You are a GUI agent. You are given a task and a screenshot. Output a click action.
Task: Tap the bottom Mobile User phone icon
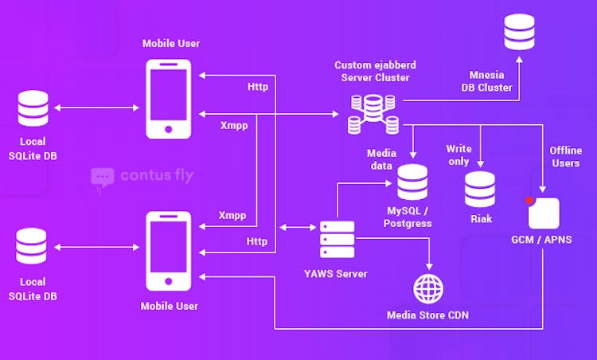pyautogui.click(x=169, y=251)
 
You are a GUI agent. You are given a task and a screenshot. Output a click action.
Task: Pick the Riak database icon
pyautogui.click(x=480, y=189)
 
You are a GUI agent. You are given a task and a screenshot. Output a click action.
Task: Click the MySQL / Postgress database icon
pyautogui.click(x=412, y=182)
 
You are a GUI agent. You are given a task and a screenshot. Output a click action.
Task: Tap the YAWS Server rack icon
pyautogui.click(x=337, y=239)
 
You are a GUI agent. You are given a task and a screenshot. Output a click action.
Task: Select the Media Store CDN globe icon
pyautogui.click(x=428, y=288)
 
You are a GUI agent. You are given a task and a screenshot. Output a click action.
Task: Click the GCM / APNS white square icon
pyautogui.click(x=544, y=213)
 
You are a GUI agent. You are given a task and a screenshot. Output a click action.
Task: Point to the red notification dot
pyautogui.click(x=529, y=200)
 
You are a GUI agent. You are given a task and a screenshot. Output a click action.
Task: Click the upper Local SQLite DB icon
pyautogui.click(x=33, y=108)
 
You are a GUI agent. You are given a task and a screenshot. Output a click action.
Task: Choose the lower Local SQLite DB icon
pyautogui.click(x=33, y=246)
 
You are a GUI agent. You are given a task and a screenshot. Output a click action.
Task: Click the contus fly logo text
pyautogui.click(x=156, y=175)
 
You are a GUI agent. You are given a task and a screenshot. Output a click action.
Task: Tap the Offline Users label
pyautogui.click(x=565, y=156)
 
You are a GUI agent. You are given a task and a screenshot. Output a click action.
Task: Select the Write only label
pyautogui.click(x=458, y=155)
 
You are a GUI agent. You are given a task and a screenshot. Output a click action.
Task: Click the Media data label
pyautogui.click(x=380, y=159)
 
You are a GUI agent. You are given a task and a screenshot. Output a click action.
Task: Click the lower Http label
pyautogui.click(x=256, y=241)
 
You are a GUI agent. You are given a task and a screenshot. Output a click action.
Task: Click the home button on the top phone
pyautogui.click(x=169, y=128)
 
